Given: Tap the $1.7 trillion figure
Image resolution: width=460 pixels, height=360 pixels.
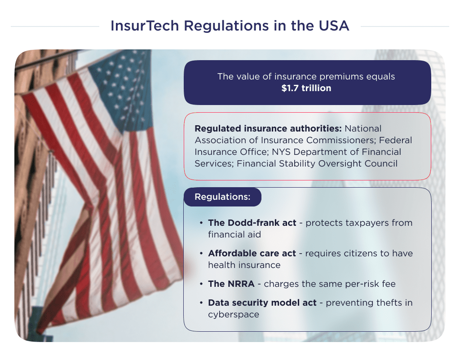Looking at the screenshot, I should pos(306,88).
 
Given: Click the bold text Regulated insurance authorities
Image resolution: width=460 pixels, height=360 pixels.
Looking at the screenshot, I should pos(268,129).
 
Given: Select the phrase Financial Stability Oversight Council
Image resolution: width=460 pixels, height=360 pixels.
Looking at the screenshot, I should pos(317,164).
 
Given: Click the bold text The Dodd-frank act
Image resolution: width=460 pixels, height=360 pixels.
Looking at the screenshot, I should pos(252,223).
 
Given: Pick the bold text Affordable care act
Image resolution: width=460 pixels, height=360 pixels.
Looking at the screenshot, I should pos(252,254).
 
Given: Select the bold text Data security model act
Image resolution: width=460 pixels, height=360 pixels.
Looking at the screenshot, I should pos(262,303).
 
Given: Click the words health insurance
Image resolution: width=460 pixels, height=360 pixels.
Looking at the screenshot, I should pos(244,265).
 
